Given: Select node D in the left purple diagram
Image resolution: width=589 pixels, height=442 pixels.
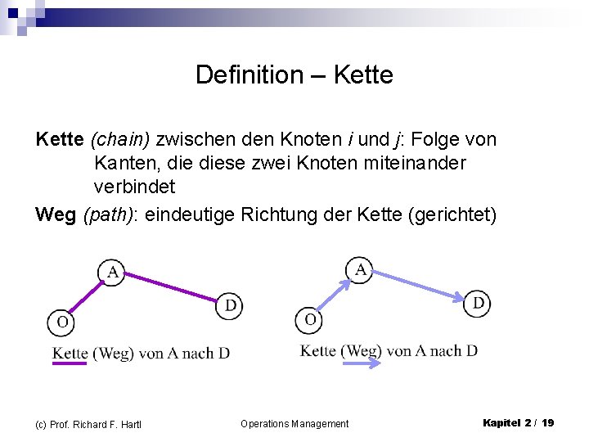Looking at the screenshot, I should tap(230, 306).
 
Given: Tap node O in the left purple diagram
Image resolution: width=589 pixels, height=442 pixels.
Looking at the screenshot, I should tap(62, 322).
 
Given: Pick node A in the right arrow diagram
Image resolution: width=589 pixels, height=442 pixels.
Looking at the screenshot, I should tap(360, 268).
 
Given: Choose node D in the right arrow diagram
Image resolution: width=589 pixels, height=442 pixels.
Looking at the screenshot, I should tap(478, 304).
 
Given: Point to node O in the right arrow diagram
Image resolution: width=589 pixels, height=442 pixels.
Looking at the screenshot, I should tap(309, 320).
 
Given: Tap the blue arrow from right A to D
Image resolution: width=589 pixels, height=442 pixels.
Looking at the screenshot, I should tap(419, 285).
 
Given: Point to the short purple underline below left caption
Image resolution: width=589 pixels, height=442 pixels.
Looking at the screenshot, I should tap(69, 363).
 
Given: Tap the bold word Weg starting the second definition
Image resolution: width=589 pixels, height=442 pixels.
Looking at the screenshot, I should tap(56, 214).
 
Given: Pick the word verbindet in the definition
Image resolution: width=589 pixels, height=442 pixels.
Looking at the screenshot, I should tap(134, 187).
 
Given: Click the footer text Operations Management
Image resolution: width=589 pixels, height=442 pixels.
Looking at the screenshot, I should tap(294, 423).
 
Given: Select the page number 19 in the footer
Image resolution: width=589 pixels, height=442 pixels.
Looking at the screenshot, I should tap(547, 422).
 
